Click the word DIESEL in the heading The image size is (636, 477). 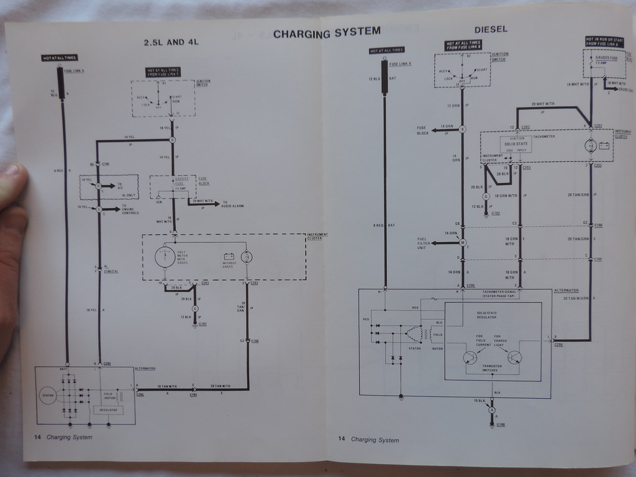[491, 29]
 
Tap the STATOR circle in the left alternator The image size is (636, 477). [48, 394]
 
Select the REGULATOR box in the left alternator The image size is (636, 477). [108, 410]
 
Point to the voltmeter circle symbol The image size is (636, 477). [165, 257]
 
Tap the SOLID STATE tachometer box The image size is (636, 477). [516, 144]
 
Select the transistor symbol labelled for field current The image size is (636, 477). [470, 357]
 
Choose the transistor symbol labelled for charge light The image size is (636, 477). [514, 357]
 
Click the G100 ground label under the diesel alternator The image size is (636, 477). [501, 425]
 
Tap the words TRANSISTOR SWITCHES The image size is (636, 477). [492, 368]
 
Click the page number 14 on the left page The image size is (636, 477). [37, 437]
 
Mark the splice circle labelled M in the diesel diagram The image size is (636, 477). [462, 242]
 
